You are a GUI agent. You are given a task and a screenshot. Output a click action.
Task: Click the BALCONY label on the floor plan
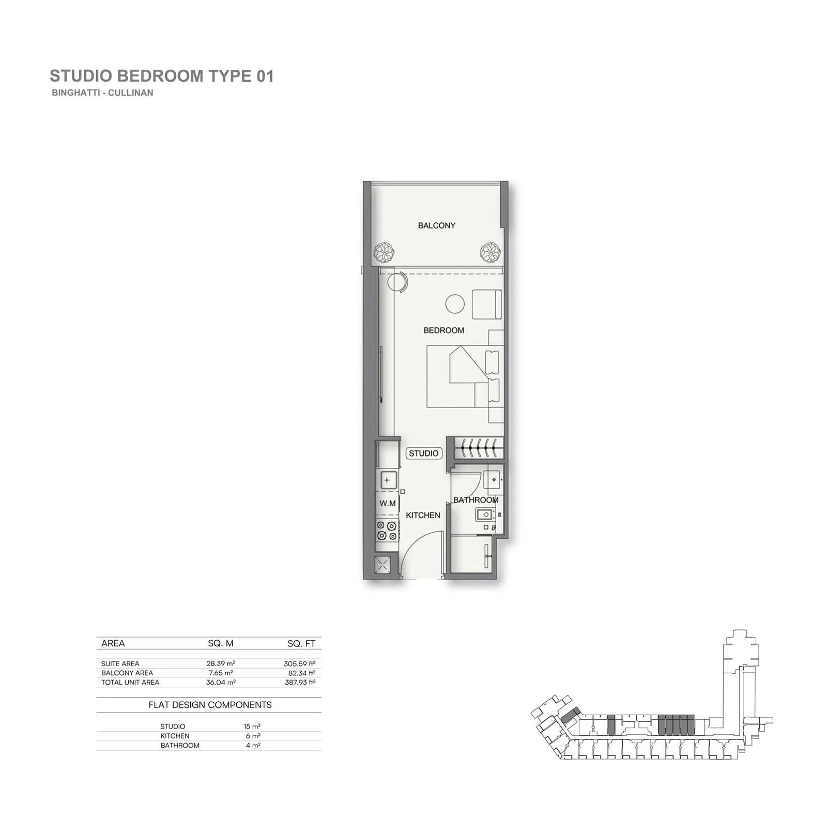point(437,225)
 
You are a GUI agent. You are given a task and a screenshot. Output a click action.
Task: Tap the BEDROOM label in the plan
point(444,330)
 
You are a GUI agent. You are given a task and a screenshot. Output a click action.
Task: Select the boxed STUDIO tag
point(424,454)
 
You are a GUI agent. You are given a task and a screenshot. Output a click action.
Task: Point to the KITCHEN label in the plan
point(423,516)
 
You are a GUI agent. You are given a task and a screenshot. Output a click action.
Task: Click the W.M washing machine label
point(388,503)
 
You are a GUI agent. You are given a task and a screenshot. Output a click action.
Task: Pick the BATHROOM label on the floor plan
point(476,500)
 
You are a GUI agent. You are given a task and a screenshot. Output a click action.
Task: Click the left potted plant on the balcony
point(384,253)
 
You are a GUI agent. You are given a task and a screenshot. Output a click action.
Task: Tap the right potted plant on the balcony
point(490,253)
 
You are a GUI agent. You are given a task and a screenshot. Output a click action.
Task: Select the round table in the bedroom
point(455,304)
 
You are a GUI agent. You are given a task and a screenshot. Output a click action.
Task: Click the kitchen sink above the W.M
point(388,480)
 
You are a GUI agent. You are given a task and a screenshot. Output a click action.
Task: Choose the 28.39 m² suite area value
point(221,663)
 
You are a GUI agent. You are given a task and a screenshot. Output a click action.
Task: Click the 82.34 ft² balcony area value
point(302,673)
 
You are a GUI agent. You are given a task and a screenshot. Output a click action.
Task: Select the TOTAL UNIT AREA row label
point(130,683)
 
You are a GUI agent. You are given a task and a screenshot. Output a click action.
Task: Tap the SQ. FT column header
point(301,644)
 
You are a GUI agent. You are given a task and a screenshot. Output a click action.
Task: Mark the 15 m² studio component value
point(252,727)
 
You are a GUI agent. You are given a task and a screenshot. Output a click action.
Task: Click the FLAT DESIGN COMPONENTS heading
point(210,705)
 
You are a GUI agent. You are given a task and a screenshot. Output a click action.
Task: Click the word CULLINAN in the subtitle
point(131,93)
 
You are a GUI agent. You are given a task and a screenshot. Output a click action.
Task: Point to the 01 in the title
point(265,76)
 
